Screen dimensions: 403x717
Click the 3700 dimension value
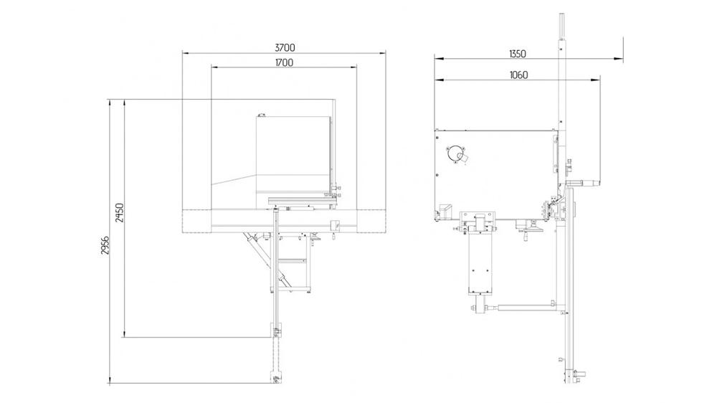[x=285, y=47]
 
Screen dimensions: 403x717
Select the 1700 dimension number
[x=284, y=62]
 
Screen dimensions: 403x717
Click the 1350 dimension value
[x=517, y=54]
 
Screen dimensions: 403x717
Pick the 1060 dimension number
[x=517, y=75]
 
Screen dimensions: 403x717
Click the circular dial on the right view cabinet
[x=455, y=153]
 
